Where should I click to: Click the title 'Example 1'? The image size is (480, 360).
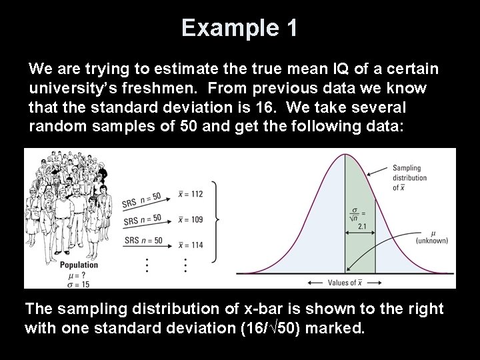coord(239,28)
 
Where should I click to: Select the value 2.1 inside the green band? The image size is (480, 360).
coord(361,227)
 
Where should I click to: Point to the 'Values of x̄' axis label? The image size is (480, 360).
coord(346,282)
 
